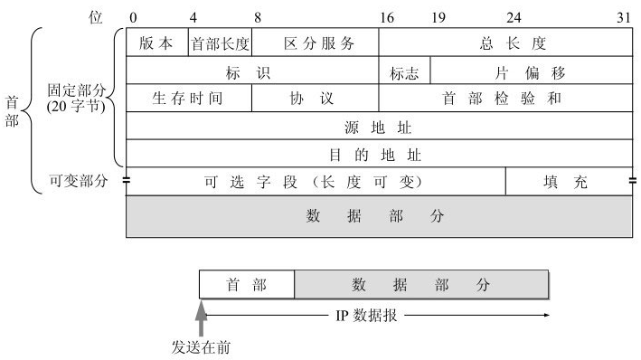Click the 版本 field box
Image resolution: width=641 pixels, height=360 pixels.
(156, 43)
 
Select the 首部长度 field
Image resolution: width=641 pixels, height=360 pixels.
(220, 43)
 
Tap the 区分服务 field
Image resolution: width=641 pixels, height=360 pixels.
(315, 43)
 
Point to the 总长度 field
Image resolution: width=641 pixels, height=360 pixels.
(504, 43)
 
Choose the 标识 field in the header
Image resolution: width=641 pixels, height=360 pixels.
(251, 71)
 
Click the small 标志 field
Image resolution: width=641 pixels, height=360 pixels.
(404, 71)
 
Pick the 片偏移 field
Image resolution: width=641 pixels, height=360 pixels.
(531, 71)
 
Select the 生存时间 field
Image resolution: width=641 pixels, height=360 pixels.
(188, 99)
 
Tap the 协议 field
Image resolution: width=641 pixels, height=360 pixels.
(315, 99)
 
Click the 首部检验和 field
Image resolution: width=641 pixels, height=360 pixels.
(504, 99)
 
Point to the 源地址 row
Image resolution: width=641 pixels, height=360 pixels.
(378, 126)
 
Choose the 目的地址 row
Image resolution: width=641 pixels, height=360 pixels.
(378, 154)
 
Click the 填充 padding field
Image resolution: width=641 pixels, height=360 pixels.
(568, 182)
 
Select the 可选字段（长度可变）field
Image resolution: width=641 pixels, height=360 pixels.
(315, 182)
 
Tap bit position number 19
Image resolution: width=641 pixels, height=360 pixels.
(438, 17)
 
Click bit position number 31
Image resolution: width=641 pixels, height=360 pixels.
(623, 17)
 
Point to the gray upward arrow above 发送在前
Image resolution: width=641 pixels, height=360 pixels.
(202, 318)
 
